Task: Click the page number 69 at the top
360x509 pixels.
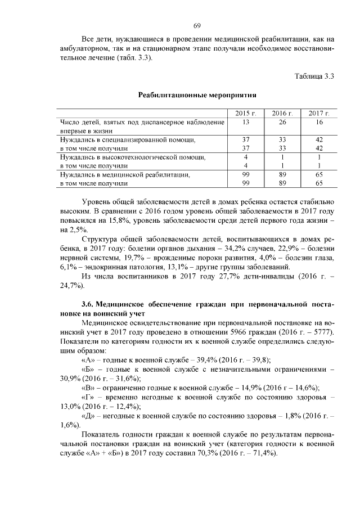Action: click(x=197, y=26)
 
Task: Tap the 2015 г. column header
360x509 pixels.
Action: click(x=246, y=114)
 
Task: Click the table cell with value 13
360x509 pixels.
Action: click(x=246, y=122)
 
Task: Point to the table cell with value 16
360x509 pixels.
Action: click(x=319, y=122)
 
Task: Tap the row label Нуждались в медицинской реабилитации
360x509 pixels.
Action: click(x=124, y=174)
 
